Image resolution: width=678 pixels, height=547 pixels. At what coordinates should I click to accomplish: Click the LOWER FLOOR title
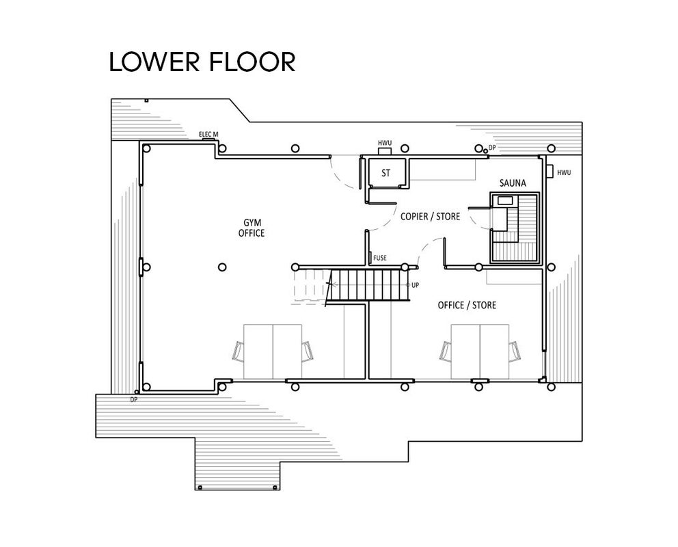click(202, 62)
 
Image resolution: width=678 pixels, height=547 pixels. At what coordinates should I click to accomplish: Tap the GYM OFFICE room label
click(252, 228)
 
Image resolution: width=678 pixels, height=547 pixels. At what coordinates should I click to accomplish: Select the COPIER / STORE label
click(430, 216)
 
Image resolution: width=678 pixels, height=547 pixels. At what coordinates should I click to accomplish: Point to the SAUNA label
click(513, 183)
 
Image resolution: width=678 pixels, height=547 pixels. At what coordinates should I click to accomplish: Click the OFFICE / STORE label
click(467, 305)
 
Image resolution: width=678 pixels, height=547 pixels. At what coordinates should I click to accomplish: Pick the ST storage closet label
click(385, 173)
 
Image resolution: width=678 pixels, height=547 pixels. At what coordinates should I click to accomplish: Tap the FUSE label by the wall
click(379, 258)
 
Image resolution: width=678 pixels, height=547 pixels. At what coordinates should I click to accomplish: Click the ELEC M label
click(208, 135)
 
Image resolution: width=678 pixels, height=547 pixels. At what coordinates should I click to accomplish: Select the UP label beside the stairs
click(415, 285)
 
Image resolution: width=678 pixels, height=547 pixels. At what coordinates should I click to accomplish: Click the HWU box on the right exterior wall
click(550, 171)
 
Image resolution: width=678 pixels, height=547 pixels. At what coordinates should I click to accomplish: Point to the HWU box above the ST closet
click(385, 151)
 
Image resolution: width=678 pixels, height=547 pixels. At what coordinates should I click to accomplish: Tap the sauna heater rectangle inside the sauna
click(505, 200)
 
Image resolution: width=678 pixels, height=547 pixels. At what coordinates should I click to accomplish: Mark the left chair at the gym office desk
click(239, 351)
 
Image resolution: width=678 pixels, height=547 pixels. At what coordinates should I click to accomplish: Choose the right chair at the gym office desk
click(308, 351)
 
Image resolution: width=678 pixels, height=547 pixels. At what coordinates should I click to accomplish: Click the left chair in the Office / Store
click(446, 351)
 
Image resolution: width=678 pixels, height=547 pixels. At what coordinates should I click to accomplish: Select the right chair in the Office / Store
click(515, 351)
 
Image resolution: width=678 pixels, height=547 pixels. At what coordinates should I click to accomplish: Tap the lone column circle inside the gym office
click(222, 267)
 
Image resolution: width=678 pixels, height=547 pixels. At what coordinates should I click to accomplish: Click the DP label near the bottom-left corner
click(133, 400)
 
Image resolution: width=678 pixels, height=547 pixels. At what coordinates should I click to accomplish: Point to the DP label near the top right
click(492, 148)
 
